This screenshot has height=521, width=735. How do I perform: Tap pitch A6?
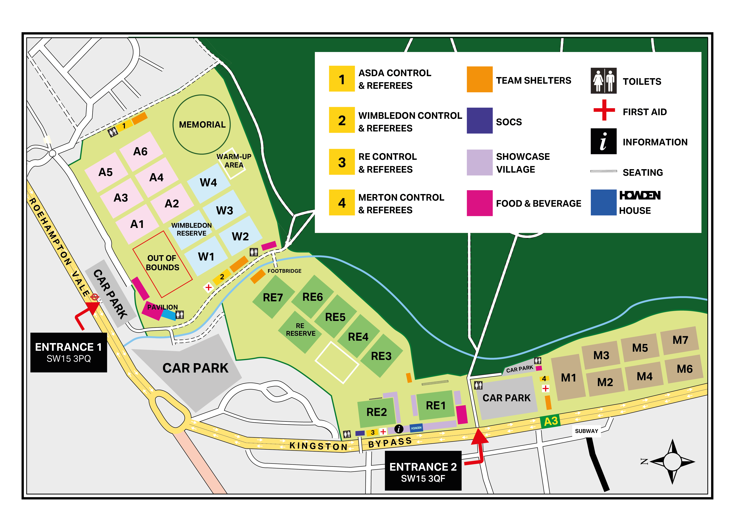pos(141,151)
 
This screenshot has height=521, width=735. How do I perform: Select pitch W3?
pos(225,211)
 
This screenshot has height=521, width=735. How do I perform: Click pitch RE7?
pos(273,297)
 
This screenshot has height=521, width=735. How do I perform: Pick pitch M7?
pos(680,340)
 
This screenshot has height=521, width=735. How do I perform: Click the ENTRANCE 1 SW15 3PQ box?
pos(69,352)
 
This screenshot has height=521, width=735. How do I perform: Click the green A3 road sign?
pos(550,421)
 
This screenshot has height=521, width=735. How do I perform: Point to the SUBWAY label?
pos(586,431)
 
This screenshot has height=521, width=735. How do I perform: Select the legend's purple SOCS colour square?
pos(479,121)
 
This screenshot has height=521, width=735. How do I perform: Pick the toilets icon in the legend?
pos(603,81)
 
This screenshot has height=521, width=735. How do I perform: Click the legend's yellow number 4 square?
pos(342,203)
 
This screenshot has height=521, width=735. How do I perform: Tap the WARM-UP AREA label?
pos(234,161)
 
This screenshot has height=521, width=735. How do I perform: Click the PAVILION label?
pos(162,307)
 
